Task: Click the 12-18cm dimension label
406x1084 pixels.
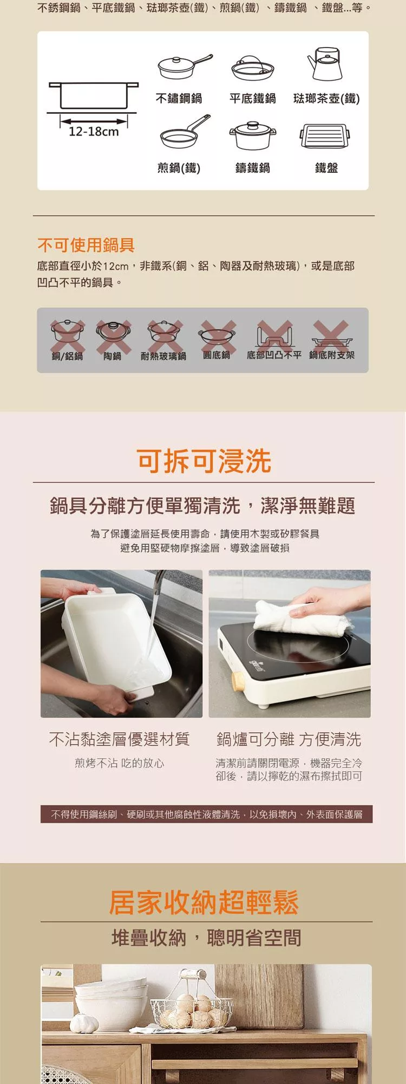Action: click(x=94, y=131)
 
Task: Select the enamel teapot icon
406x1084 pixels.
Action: click(x=325, y=63)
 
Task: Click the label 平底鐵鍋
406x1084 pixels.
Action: click(x=252, y=98)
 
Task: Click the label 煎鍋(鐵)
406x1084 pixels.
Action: click(x=179, y=168)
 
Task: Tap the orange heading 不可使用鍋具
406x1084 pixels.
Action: click(x=86, y=245)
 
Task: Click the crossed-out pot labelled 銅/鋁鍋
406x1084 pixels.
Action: click(x=68, y=335)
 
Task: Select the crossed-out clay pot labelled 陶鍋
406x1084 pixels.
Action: click(x=113, y=335)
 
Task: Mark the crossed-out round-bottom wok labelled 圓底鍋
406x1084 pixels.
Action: click(x=217, y=335)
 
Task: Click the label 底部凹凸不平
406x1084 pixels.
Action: click(x=274, y=355)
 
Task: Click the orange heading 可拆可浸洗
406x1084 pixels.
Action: click(x=204, y=461)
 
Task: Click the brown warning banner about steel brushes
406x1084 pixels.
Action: click(x=206, y=814)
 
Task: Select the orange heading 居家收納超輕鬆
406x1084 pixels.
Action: click(x=204, y=902)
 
